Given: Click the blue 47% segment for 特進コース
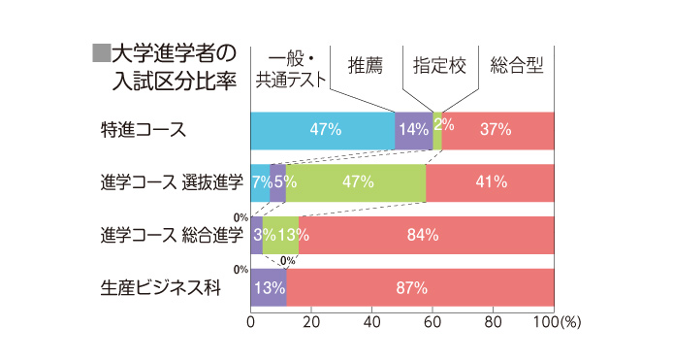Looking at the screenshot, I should [x=323, y=131].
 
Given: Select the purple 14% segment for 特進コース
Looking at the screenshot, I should [x=413, y=131].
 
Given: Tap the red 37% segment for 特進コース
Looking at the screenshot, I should [x=497, y=131].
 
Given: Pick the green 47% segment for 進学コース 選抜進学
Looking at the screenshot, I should [x=356, y=182].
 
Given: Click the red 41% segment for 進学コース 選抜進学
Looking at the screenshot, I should [x=491, y=182].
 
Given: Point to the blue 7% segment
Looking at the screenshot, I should [x=260, y=182].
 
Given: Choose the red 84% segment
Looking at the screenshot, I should [x=425, y=235].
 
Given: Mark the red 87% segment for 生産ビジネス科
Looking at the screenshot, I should [x=421, y=287].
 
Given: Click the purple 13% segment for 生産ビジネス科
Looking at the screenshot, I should [x=269, y=287].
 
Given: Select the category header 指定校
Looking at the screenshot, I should [x=439, y=66].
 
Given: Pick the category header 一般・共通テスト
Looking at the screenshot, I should [x=288, y=67].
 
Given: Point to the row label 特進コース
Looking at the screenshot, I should [x=143, y=130].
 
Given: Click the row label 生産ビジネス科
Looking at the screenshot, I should [x=155, y=287].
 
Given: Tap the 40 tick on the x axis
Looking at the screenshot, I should [x=371, y=322].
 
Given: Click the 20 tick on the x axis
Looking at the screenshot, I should [x=311, y=322].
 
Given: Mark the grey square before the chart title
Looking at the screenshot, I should [x=100, y=51].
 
